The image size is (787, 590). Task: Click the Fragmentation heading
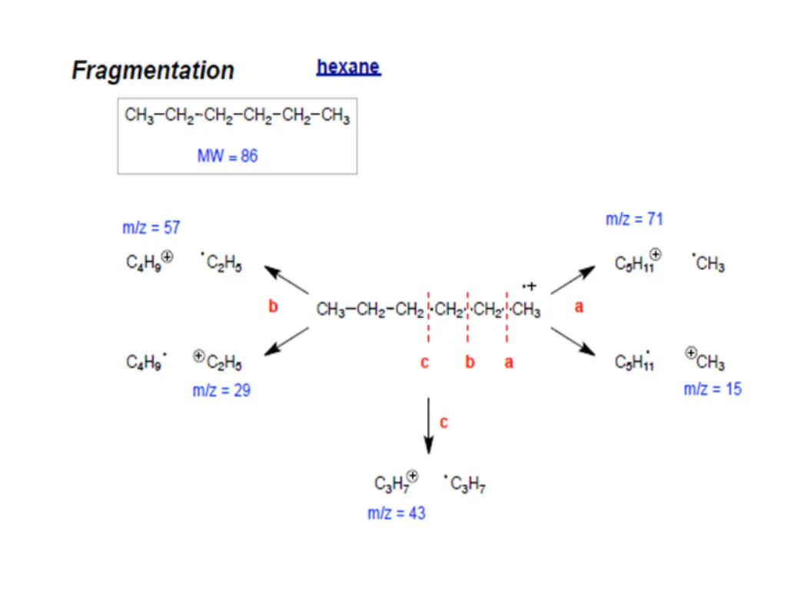click(x=153, y=71)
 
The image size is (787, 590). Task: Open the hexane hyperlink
click(x=348, y=67)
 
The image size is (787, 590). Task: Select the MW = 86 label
click(x=227, y=156)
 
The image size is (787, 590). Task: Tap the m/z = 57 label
click(x=151, y=227)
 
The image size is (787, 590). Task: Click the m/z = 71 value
click(x=634, y=219)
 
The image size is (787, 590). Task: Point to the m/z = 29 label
click(x=221, y=390)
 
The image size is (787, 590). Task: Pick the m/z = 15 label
click(x=712, y=389)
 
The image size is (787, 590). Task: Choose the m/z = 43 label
click(x=397, y=512)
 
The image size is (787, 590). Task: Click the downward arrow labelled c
click(x=429, y=426)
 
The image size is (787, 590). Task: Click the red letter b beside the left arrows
click(x=273, y=307)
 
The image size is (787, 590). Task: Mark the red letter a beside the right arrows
click(x=579, y=307)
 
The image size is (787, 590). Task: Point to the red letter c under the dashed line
click(x=424, y=363)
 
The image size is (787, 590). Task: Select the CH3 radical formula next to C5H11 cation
click(x=709, y=264)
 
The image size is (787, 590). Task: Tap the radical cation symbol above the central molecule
click(x=530, y=287)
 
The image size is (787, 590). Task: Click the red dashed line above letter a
click(x=507, y=315)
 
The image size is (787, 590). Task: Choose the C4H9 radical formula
click(x=147, y=361)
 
